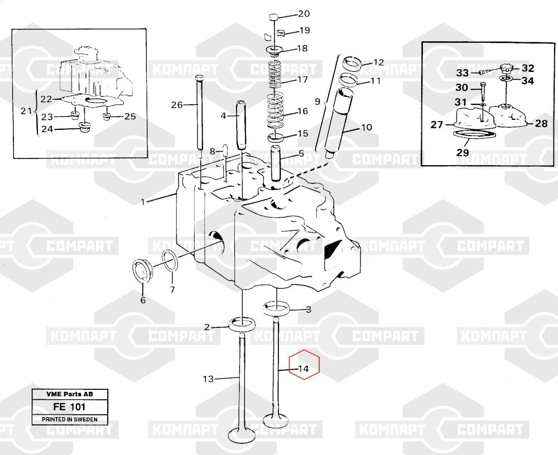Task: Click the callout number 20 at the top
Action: point(304,14)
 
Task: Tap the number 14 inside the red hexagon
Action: point(303,369)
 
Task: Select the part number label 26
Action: point(177,105)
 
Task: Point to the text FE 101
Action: point(69,406)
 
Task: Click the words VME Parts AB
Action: point(70,394)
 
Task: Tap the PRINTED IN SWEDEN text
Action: point(70,419)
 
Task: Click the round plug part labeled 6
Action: point(142,272)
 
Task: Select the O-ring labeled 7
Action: point(171,262)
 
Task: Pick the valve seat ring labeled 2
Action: point(242,325)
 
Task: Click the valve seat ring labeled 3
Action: point(276,308)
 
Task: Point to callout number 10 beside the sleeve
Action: point(366,127)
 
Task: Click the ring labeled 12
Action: point(352,64)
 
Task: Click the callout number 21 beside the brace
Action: point(26,112)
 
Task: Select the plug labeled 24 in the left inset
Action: point(85,127)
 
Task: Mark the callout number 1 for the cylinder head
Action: point(143,202)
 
